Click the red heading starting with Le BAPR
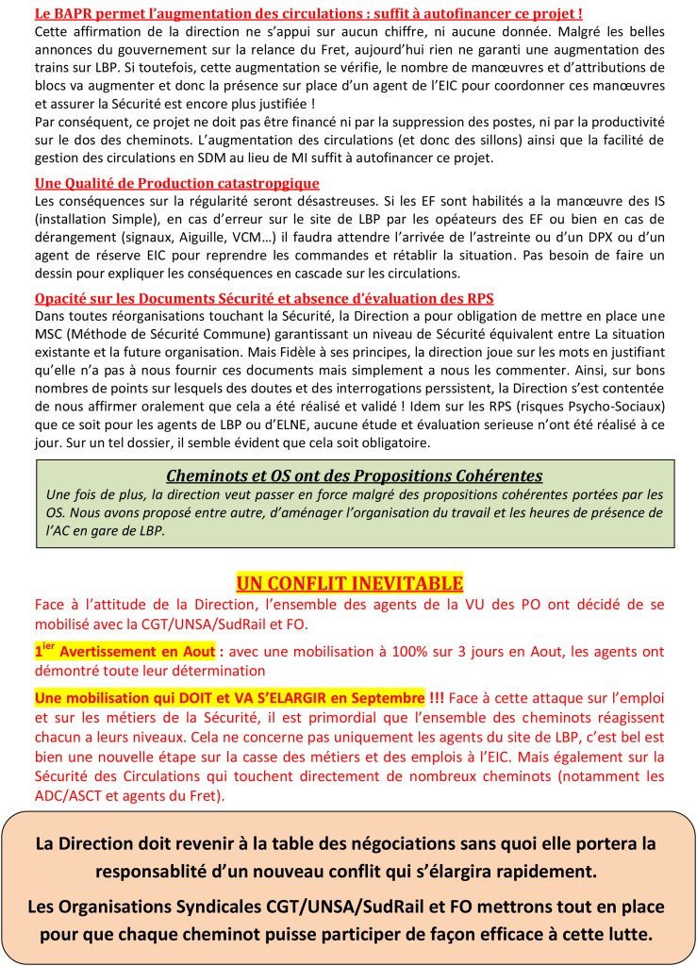point(307,14)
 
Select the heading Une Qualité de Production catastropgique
point(176,183)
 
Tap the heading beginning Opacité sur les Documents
point(264,298)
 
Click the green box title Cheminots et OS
point(354,475)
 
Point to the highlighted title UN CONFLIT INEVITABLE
point(349,582)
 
